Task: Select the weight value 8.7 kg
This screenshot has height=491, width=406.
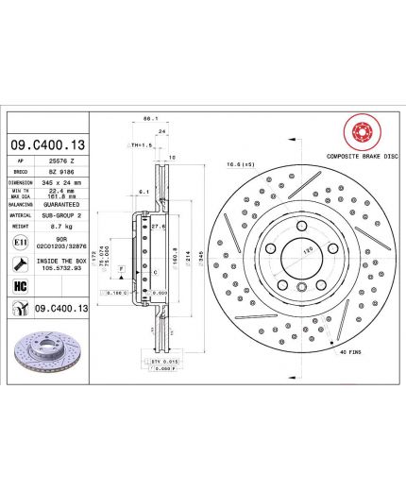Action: tap(62, 227)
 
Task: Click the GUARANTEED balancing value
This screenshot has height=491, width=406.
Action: tap(62, 203)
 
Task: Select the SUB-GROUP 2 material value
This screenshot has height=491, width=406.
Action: tap(62, 214)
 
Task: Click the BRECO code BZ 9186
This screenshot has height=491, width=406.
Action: tap(62, 171)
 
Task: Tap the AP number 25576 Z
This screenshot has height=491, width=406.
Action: tap(62, 161)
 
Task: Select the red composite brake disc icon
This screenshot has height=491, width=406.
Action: tap(358, 131)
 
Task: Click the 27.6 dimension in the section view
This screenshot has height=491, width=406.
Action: tap(158, 227)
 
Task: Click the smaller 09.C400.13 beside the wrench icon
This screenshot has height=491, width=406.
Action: tap(62, 309)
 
